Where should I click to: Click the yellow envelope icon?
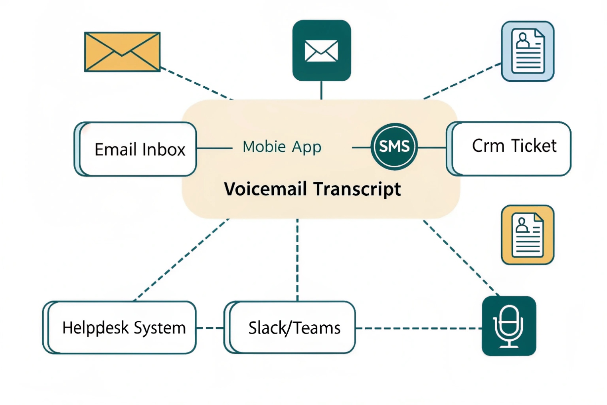(x=122, y=52)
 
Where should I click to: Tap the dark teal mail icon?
(x=321, y=51)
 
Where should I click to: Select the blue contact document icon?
(x=528, y=51)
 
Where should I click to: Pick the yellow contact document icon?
(x=528, y=235)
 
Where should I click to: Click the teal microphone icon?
(x=509, y=326)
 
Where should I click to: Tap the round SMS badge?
(x=394, y=147)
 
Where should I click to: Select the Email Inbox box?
(x=136, y=149)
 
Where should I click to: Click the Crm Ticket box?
(x=509, y=149)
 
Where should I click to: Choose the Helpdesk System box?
(x=120, y=328)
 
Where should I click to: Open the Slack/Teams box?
(x=290, y=328)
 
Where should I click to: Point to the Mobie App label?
(x=282, y=147)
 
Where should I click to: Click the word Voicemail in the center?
(x=265, y=189)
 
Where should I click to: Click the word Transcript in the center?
(x=357, y=189)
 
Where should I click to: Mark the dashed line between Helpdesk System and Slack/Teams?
(x=210, y=328)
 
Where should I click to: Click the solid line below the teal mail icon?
(x=321, y=90)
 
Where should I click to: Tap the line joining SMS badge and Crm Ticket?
(x=432, y=147)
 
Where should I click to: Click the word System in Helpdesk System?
(x=160, y=328)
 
